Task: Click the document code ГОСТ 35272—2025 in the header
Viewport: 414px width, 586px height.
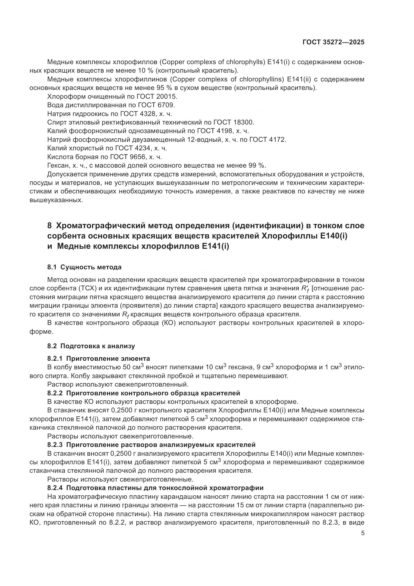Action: (333, 42)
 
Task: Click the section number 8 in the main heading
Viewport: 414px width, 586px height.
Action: (50, 226)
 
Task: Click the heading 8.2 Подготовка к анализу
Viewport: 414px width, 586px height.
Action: (91, 346)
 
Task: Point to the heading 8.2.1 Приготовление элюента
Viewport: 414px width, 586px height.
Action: (99, 359)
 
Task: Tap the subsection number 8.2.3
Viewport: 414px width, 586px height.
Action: (55, 445)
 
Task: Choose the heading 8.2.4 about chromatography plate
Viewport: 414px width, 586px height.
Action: (155, 488)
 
